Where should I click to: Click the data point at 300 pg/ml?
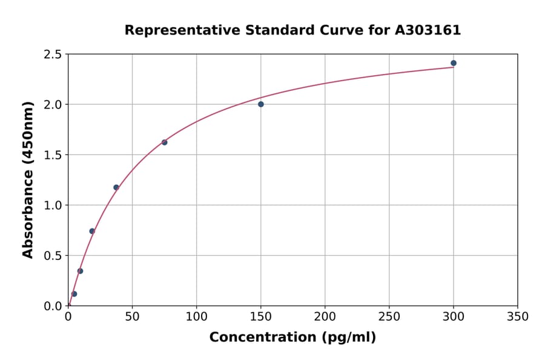tap(454, 63)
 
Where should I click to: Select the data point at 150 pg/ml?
tap(261, 104)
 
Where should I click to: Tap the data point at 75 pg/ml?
tap(165, 142)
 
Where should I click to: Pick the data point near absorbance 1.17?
tap(116, 187)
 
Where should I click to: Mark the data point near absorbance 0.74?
tap(92, 231)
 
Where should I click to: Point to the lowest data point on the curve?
tap(74, 294)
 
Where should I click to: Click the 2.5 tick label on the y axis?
tap(53, 55)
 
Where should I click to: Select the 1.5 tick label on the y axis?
tap(53, 155)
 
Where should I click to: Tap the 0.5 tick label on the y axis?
tap(53, 256)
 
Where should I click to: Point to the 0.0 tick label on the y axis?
tap(53, 306)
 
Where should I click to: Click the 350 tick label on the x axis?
tap(518, 316)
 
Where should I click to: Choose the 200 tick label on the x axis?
tap(325, 316)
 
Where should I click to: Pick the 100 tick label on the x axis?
tap(196, 316)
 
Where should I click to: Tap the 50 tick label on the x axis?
tap(132, 316)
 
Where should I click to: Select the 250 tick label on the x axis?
tap(389, 316)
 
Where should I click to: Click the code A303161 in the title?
tap(428, 30)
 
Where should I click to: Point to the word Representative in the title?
tap(174, 30)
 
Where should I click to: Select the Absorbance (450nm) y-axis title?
tap(28, 180)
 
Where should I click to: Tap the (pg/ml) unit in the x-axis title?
tap(348, 338)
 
